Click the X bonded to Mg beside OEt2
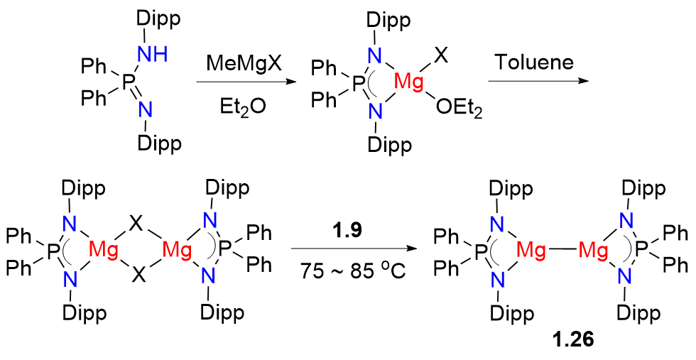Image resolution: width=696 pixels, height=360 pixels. tap(440, 55)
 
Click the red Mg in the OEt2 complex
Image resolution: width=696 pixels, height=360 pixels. tap(408, 83)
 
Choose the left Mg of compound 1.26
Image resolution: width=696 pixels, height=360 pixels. tap(532, 249)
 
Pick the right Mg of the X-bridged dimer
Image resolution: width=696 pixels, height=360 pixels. tap(175, 249)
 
